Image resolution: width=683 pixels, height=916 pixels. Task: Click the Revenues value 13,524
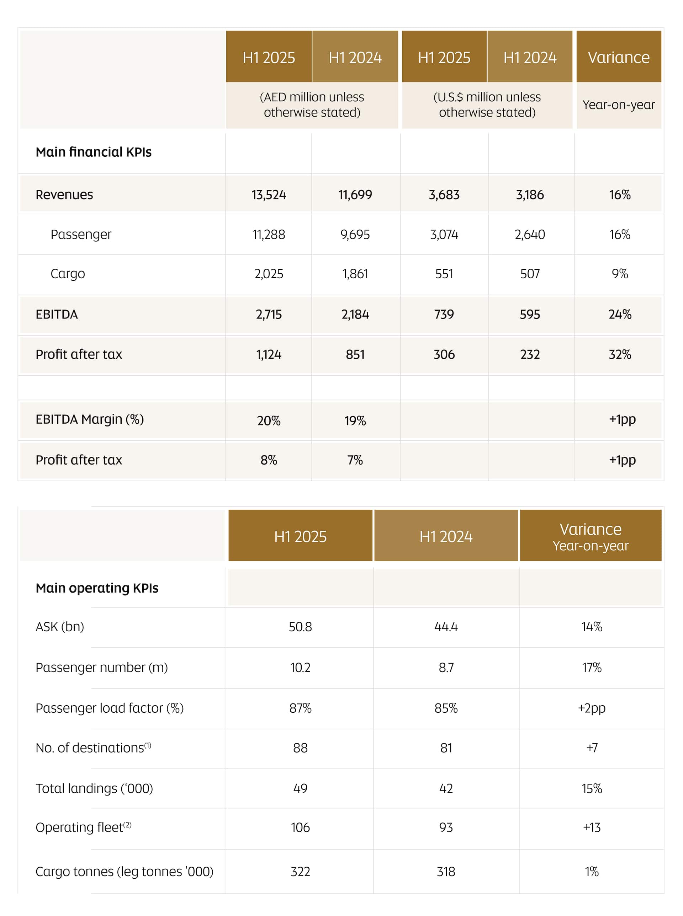pos(269,194)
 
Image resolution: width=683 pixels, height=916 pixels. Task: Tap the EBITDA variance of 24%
pos(620,315)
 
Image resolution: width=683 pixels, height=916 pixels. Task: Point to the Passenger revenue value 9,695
pos(355,235)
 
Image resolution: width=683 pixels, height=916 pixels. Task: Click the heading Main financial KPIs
pos(94,152)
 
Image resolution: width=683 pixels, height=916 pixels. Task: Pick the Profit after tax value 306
pos(444,354)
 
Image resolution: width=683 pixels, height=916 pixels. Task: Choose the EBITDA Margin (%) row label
pos(90,419)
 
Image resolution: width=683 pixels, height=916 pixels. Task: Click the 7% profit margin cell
pos(355,460)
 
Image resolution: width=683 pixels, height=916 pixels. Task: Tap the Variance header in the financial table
pos(619,58)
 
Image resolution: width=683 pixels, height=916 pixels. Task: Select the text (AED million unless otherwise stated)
pos(312,105)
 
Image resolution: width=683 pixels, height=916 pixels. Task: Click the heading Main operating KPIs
pos(97,588)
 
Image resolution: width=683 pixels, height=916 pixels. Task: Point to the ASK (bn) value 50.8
pos(300,627)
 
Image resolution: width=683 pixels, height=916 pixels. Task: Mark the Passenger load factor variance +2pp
pos(592,708)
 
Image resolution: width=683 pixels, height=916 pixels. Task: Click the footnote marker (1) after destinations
pos(148,745)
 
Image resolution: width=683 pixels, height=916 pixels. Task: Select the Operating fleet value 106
pos(300,827)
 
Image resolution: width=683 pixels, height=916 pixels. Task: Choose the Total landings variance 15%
pos(592,788)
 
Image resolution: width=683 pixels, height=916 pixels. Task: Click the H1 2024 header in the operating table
pos(446,536)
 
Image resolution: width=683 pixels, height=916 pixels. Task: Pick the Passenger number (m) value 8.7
pos(446,667)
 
